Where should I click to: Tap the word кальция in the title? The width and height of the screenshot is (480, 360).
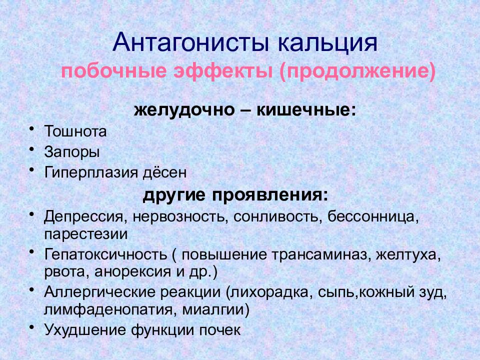328,43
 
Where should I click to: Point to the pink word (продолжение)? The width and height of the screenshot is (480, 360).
357,71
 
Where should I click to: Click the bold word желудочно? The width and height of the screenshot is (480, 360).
184,109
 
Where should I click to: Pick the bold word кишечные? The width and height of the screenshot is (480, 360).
306,109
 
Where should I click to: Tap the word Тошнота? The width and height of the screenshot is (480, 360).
75,131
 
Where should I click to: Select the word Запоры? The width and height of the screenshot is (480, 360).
72,152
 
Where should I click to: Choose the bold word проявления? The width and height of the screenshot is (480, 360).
270,195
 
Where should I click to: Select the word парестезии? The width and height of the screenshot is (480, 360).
86,234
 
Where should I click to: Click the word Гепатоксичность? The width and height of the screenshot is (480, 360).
105,254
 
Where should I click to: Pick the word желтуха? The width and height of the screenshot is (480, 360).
408,254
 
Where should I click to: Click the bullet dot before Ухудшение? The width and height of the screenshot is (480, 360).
31,327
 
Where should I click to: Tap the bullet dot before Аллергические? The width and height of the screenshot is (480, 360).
31,289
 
